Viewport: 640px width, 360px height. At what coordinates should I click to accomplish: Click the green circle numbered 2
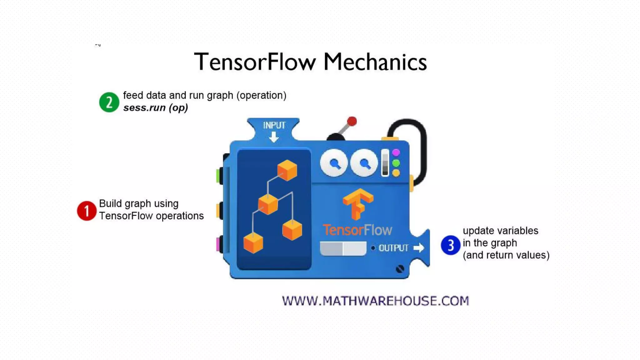109,102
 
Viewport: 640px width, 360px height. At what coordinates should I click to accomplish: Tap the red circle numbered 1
87,211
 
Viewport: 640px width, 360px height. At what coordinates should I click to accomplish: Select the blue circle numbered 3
450,245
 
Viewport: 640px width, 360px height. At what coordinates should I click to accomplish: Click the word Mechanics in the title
375,62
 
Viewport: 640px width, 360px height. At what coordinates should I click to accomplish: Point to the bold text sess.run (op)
155,108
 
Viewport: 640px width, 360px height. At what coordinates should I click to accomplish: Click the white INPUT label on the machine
274,125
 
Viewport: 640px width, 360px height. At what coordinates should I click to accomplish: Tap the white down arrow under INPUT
274,137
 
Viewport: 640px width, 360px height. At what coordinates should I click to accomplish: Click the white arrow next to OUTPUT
419,248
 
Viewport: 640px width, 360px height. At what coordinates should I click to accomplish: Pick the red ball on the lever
352,121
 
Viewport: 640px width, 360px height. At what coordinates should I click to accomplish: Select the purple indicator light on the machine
396,152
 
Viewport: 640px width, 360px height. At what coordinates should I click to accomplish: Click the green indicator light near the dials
396,163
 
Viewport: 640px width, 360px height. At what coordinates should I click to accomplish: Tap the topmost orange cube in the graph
287,170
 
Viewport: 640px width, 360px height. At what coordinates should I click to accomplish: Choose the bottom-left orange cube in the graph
253,243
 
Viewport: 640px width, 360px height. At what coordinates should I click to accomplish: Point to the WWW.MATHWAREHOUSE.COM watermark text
375,301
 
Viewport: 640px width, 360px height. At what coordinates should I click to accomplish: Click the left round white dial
334,163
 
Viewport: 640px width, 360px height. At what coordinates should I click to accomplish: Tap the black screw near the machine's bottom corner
400,269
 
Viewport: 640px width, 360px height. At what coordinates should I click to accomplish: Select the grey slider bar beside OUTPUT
343,248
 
